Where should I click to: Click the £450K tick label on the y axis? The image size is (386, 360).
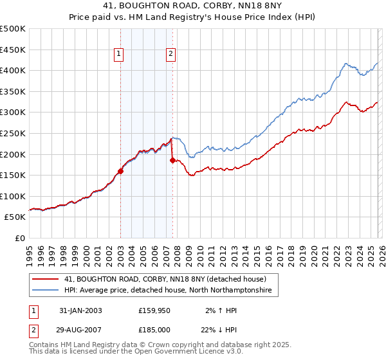[13, 50]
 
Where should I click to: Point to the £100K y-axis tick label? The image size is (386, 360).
[13, 196]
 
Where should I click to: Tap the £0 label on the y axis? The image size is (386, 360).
[20, 238]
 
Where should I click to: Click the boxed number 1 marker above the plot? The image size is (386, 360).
[120, 55]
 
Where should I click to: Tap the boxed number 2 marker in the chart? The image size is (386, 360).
[171, 55]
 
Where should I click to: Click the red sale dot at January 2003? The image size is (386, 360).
[120, 171]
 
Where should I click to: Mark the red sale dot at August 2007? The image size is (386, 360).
[172, 160]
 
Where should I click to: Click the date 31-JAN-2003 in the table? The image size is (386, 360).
[80, 310]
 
